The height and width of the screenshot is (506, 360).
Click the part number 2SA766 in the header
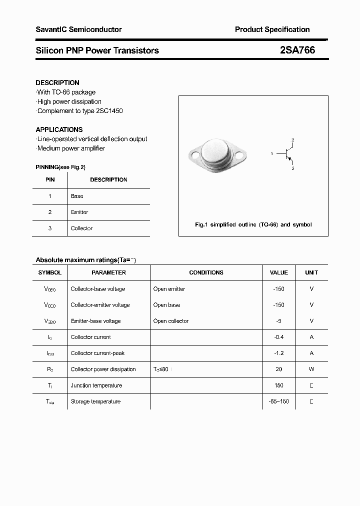point(297,50)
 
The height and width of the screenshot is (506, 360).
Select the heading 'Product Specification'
point(272,29)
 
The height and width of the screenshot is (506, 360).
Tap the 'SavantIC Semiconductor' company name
point(78,29)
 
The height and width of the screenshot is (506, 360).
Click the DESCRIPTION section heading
point(57,82)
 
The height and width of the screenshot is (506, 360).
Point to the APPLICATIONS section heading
point(59,129)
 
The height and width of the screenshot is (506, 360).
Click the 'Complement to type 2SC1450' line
point(79,110)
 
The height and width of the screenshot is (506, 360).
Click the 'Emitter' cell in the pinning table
point(79,212)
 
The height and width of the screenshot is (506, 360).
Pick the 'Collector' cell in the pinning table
point(81,228)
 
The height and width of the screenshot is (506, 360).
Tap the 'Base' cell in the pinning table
point(77,196)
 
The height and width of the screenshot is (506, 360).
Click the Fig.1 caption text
point(253,224)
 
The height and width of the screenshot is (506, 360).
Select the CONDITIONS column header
point(206,272)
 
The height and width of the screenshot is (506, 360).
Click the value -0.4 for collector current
point(278,337)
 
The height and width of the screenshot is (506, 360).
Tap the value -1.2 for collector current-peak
point(278,353)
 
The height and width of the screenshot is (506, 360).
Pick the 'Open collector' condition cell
point(171,321)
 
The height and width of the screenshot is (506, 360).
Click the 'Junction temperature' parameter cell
point(96,385)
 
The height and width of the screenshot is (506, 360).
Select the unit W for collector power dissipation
point(311,369)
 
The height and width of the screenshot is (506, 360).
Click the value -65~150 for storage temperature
point(278,401)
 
